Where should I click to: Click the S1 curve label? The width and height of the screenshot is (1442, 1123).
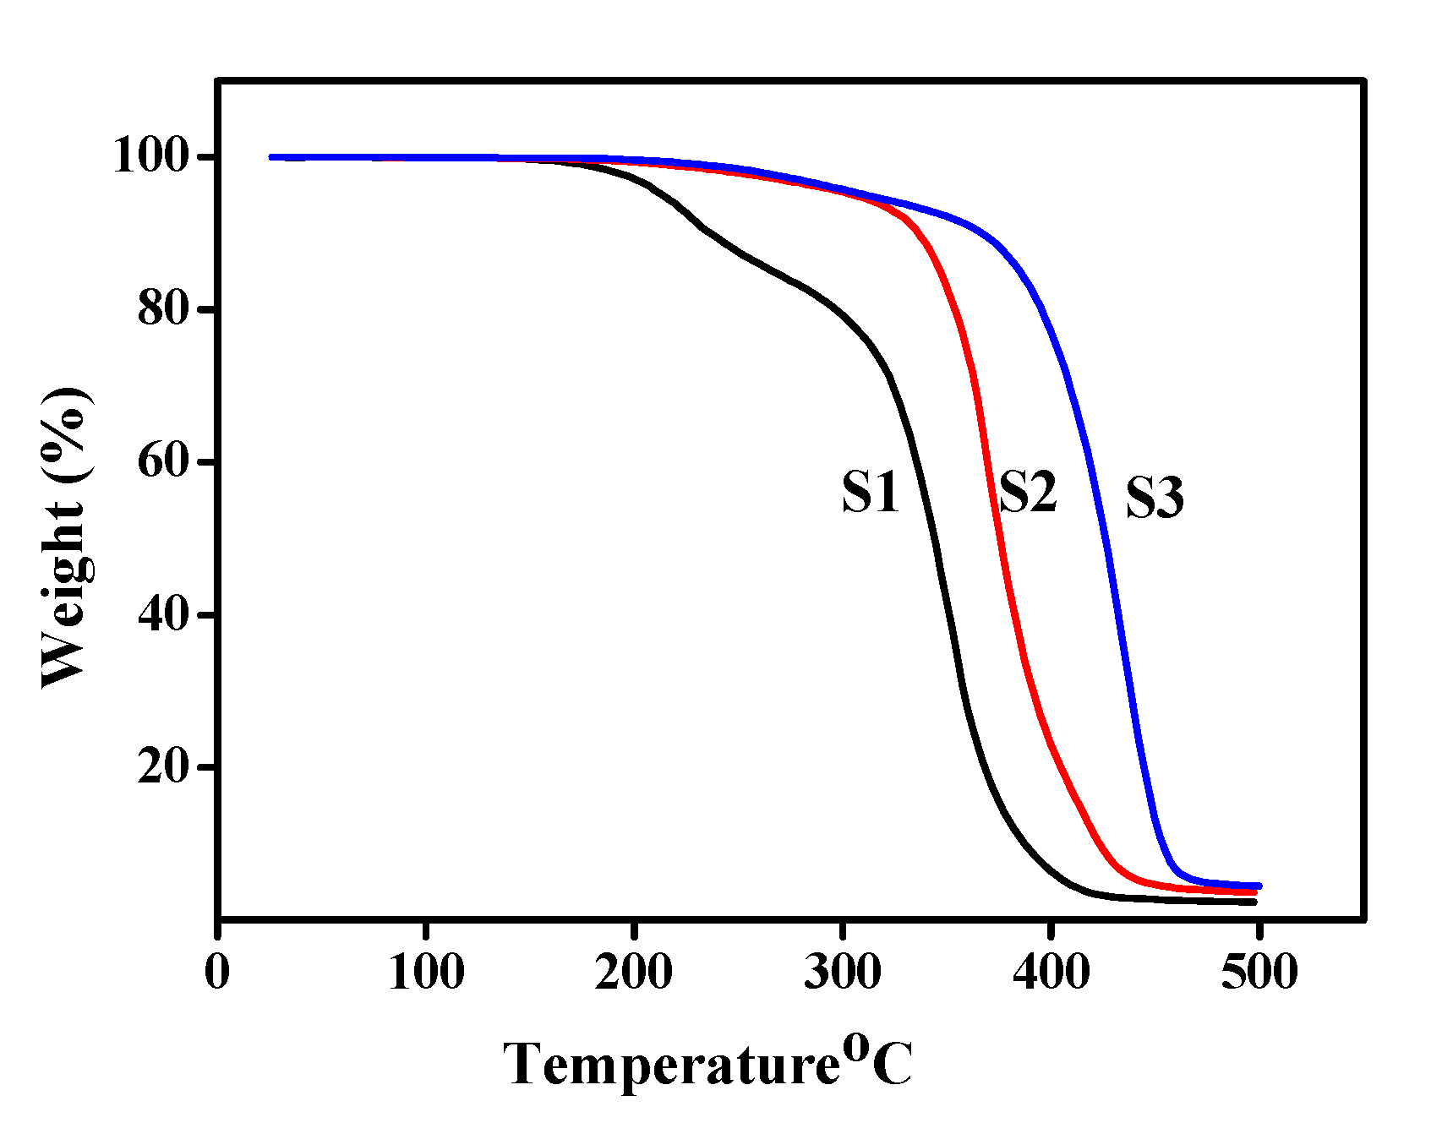coord(871,493)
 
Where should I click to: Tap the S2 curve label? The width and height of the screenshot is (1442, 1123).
coord(1028,492)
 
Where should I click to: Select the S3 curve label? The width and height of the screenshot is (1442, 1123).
coord(1155,498)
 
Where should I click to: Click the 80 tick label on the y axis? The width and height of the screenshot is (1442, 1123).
coord(162,310)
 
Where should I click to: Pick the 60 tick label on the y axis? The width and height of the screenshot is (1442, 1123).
coord(162,462)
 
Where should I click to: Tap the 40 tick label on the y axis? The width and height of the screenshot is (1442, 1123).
coord(162,615)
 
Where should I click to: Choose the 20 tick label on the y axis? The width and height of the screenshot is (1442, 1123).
coord(162,767)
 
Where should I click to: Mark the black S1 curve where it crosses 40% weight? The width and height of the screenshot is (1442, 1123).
coord(949,615)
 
